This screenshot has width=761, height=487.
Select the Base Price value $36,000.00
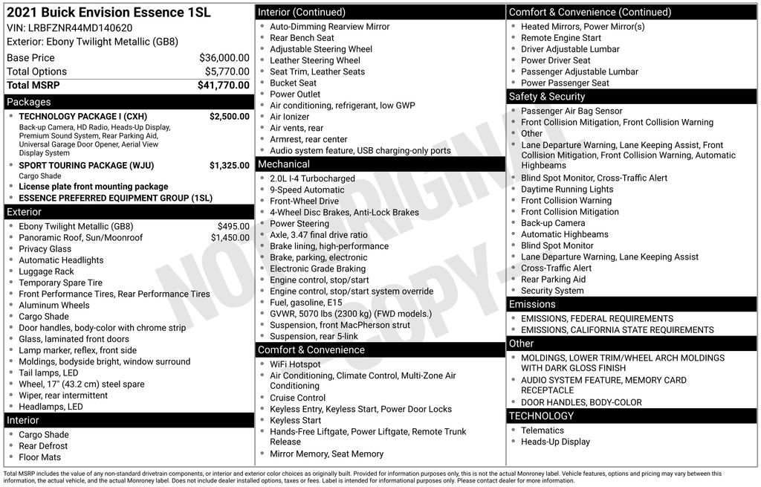click(x=224, y=58)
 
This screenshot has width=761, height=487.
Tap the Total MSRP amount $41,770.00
click(x=223, y=86)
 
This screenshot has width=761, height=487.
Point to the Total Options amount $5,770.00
click(x=227, y=71)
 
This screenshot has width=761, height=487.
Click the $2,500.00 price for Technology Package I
click(x=229, y=117)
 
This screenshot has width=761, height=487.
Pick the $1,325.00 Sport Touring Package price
click(x=229, y=165)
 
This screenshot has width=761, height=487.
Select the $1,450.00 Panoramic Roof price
click(x=230, y=238)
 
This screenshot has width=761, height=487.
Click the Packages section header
click(x=29, y=102)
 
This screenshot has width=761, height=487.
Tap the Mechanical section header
click(x=283, y=164)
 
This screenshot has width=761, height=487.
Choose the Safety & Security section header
click(x=546, y=97)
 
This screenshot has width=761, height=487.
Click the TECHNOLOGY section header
click(x=541, y=416)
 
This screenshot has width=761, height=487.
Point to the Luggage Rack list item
click(x=46, y=271)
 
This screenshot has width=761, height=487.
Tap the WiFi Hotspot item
click(x=295, y=364)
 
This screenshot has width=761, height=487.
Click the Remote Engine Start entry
click(x=560, y=38)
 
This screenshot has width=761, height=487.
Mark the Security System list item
click(x=552, y=291)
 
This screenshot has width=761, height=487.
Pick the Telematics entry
click(x=542, y=430)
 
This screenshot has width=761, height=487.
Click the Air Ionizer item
click(x=289, y=117)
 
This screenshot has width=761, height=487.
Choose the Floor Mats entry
click(x=39, y=457)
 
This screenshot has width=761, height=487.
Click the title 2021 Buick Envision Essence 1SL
click(x=109, y=13)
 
